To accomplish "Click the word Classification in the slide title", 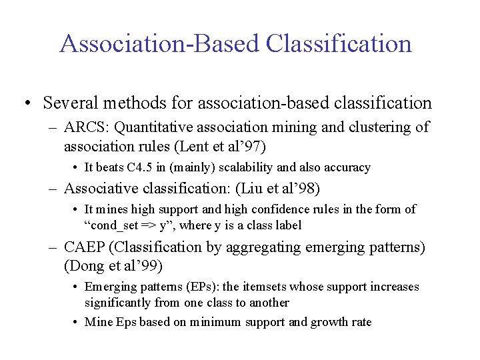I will [x=339, y=44].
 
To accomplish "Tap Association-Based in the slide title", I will [x=159, y=44].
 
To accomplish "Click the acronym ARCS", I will [x=84, y=127].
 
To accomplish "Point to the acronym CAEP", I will [x=85, y=247].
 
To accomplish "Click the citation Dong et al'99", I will [x=113, y=266].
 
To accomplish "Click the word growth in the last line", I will [x=329, y=323].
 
